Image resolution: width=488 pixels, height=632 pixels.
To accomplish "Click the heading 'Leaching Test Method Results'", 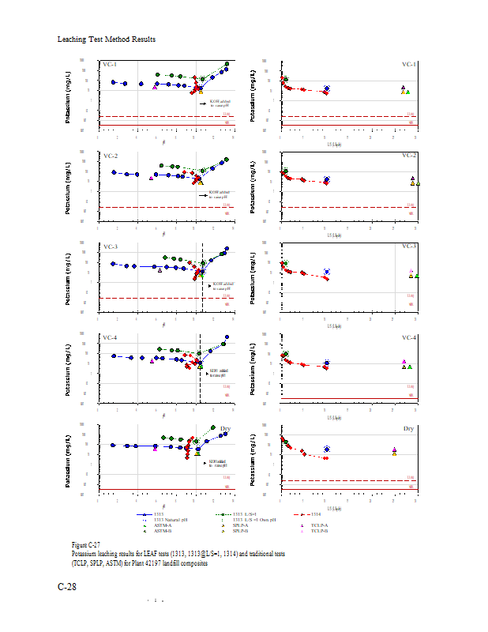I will (107, 39).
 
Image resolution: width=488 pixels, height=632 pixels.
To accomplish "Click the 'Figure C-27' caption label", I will (85, 545).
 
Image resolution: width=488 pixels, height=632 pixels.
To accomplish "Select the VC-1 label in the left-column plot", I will (110, 65).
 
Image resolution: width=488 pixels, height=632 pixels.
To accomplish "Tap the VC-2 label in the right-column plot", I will (408, 156).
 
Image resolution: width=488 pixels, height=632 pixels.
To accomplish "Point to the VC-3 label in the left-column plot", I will (110, 247).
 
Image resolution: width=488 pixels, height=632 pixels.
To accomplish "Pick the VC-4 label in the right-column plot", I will (408, 338).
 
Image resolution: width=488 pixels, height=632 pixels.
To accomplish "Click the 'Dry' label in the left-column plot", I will (225, 429).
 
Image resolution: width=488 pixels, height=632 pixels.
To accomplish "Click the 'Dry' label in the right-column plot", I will (408, 429).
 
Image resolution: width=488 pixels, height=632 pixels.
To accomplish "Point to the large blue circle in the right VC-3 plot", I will (327, 272).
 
